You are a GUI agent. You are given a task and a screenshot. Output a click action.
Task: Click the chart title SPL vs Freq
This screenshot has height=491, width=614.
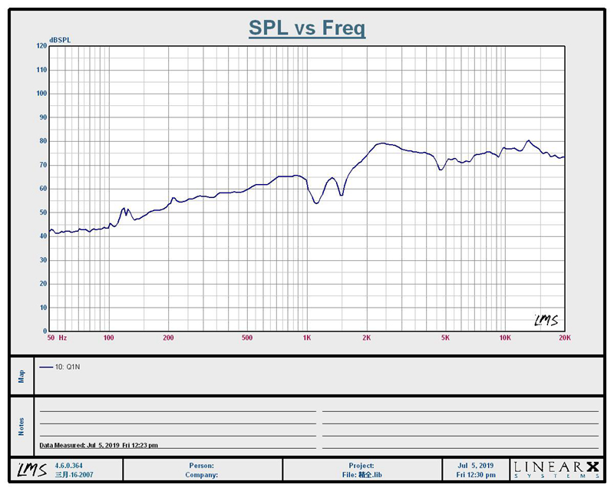[307, 28]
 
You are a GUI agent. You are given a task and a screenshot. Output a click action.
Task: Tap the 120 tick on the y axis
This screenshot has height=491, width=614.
[41, 46]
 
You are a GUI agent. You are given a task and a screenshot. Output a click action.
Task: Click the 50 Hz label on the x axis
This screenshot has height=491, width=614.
[57, 338]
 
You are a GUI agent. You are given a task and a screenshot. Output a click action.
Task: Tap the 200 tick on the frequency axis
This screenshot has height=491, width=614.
[169, 338]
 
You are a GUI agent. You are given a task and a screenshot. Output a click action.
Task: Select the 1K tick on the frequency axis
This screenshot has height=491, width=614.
[307, 338]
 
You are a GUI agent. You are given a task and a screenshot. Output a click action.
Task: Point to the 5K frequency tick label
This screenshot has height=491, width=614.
[444, 338]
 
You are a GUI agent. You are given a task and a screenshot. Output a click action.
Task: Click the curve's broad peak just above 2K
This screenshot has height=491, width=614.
[381, 143]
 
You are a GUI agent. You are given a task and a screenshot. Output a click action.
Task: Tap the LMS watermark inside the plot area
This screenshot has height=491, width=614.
[546, 320]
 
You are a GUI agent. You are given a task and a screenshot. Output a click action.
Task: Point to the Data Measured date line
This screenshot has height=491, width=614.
[99, 445]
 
